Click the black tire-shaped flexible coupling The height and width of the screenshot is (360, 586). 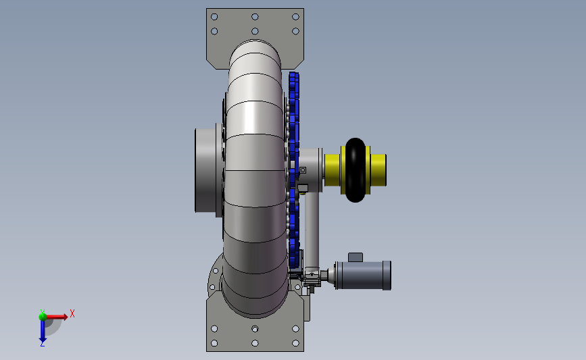pyautogui.click(x=356, y=170)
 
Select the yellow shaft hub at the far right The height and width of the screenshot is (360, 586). pyautogui.click(x=379, y=170)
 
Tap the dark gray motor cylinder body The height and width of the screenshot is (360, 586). pyautogui.click(x=362, y=275)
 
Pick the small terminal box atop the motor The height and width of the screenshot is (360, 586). pyautogui.click(x=356, y=257)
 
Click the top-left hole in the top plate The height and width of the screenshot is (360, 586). pyautogui.click(x=214, y=17)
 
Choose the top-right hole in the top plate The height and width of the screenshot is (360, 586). pyautogui.click(x=295, y=17)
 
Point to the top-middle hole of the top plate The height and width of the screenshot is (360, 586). pyautogui.click(x=255, y=17)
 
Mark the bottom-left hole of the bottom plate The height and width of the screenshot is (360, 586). pyautogui.click(x=214, y=343)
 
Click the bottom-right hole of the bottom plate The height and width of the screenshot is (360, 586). pyautogui.click(x=295, y=343)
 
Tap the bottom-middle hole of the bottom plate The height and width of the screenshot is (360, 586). pyautogui.click(x=255, y=343)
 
